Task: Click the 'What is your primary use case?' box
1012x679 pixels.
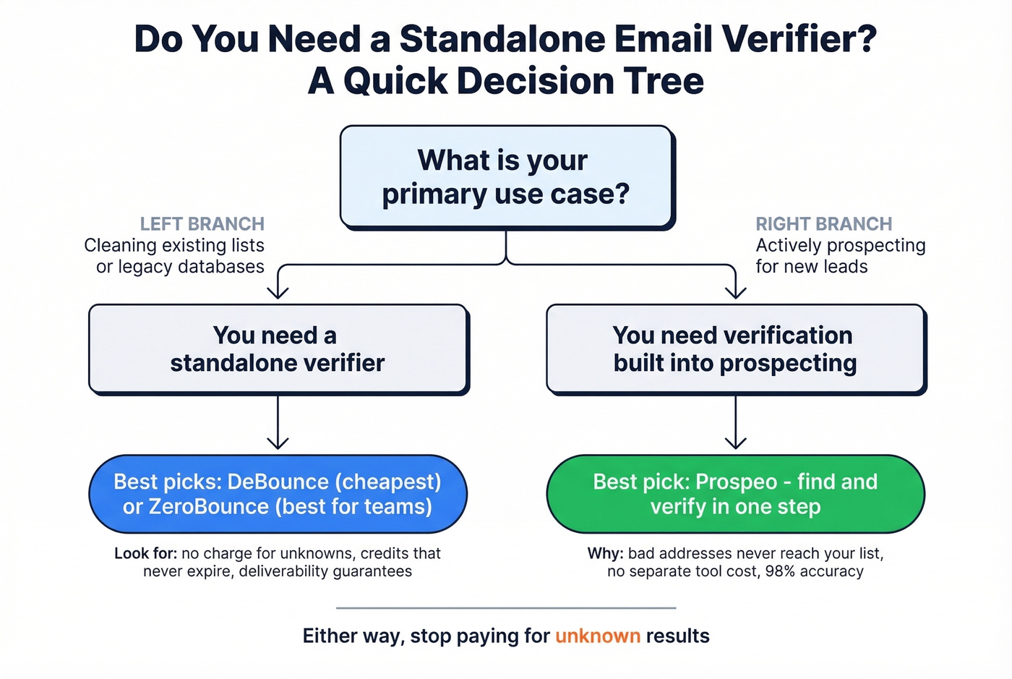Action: coord(506,177)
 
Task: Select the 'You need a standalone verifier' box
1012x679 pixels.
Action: coord(278,349)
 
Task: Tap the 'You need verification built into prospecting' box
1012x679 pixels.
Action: coord(735,349)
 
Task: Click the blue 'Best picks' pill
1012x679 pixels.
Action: coord(278,494)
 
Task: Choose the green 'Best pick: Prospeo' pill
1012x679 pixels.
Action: coord(735,494)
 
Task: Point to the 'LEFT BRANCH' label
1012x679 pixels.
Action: coord(202,224)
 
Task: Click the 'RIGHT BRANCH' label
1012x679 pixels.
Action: coord(823,224)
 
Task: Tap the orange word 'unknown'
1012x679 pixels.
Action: coord(597,636)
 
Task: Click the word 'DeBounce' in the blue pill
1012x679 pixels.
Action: coord(278,482)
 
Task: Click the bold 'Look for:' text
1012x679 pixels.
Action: coord(145,553)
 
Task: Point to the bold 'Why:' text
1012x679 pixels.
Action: coord(605,553)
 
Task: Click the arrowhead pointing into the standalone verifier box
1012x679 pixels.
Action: coord(278,293)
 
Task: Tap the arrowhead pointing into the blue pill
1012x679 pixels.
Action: coord(278,443)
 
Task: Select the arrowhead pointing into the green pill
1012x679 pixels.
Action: coord(735,443)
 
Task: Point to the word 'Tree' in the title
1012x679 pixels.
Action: coord(664,80)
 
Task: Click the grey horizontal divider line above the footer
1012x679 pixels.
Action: coord(506,608)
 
